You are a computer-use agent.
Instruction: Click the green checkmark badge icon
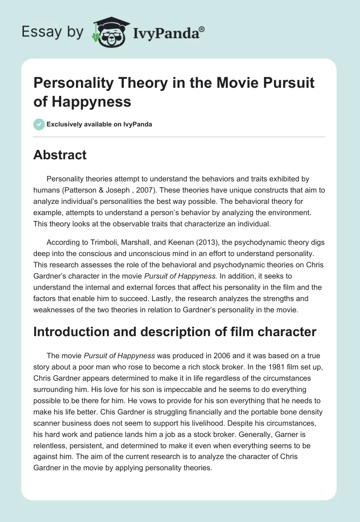click(39, 124)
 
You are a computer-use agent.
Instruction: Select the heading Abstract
click(59, 155)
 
